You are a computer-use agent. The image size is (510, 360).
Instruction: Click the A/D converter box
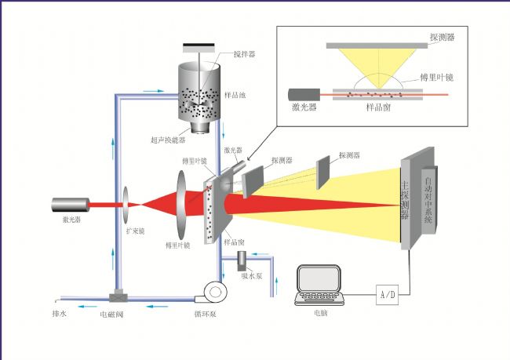click(388, 295)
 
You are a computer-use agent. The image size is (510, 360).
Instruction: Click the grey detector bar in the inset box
click(377, 45)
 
